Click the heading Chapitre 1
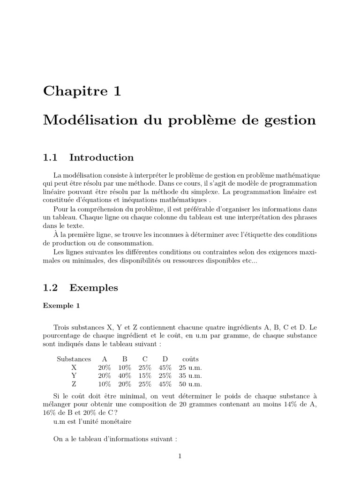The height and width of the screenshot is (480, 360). (x=82, y=91)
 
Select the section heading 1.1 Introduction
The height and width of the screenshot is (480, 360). (x=88, y=157)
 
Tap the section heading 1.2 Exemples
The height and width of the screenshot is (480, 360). (x=81, y=287)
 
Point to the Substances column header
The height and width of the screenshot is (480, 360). (x=74, y=359)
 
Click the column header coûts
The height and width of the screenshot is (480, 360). (x=190, y=359)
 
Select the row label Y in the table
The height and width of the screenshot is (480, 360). (x=74, y=376)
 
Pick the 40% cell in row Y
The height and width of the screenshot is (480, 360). (x=125, y=376)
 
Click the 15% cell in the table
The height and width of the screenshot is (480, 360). (x=145, y=376)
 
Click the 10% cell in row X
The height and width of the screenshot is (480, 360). (x=125, y=367)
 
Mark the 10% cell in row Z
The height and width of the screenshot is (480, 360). (x=105, y=384)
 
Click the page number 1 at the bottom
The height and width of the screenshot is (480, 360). (x=180, y=456)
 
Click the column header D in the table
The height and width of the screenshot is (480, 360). (x=165, y=359)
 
